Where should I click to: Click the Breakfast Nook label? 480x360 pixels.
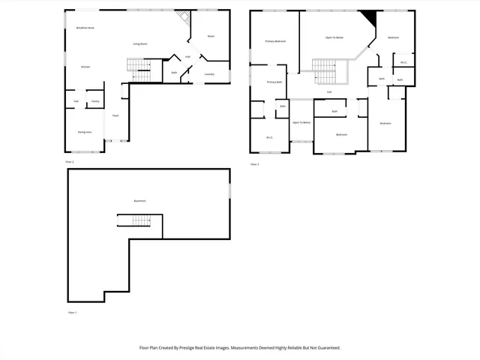pyautogui.click(x=85, y=27)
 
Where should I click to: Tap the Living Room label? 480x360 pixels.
pyautogui.click(x=140, y=44)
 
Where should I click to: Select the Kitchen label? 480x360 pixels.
pyautogui.click(x=85, y=67)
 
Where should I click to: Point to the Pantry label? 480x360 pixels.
pyautogui.click(x=95, y=101)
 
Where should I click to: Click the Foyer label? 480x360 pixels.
pyautogui.click(x=115, y=115)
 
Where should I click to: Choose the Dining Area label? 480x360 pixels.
pyautogui.click(x=85, y=132)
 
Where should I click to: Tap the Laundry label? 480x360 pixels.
pyautogui.click(x=209, y=73)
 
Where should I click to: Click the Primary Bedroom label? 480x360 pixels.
pyautogui.click(x=275, y=41)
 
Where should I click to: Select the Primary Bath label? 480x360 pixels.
pyautogui.click(x=274, y=82)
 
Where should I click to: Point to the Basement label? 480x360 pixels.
pyautogui.click(x=140, y=201)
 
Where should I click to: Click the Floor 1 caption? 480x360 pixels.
pyautogui.click(x=73, y=312)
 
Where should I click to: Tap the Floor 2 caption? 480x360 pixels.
pyautogui.click(x=70, y=161)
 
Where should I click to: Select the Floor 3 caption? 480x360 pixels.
pyautogui.click(x=255, y=164)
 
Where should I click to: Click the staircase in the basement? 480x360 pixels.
pyautogui.click(x=133, y=220)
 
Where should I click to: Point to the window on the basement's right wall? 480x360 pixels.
pyautogui.click(x=229, y=190)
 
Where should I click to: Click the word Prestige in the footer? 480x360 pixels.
pyautogui.click(x=194, y=348)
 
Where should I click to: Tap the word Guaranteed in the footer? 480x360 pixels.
pyautogui.click(x=325, y=348)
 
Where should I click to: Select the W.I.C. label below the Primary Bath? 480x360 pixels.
pyautogui.click(x=269, y=137)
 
